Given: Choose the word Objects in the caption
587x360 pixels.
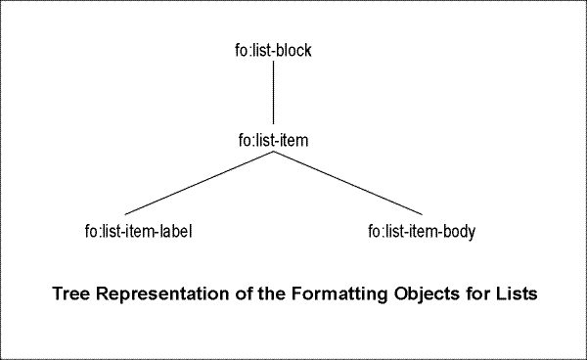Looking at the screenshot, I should pos(419,292).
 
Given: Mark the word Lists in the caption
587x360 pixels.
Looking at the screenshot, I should pos(514,292).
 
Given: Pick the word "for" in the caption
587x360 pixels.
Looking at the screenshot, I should pos(470,292).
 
